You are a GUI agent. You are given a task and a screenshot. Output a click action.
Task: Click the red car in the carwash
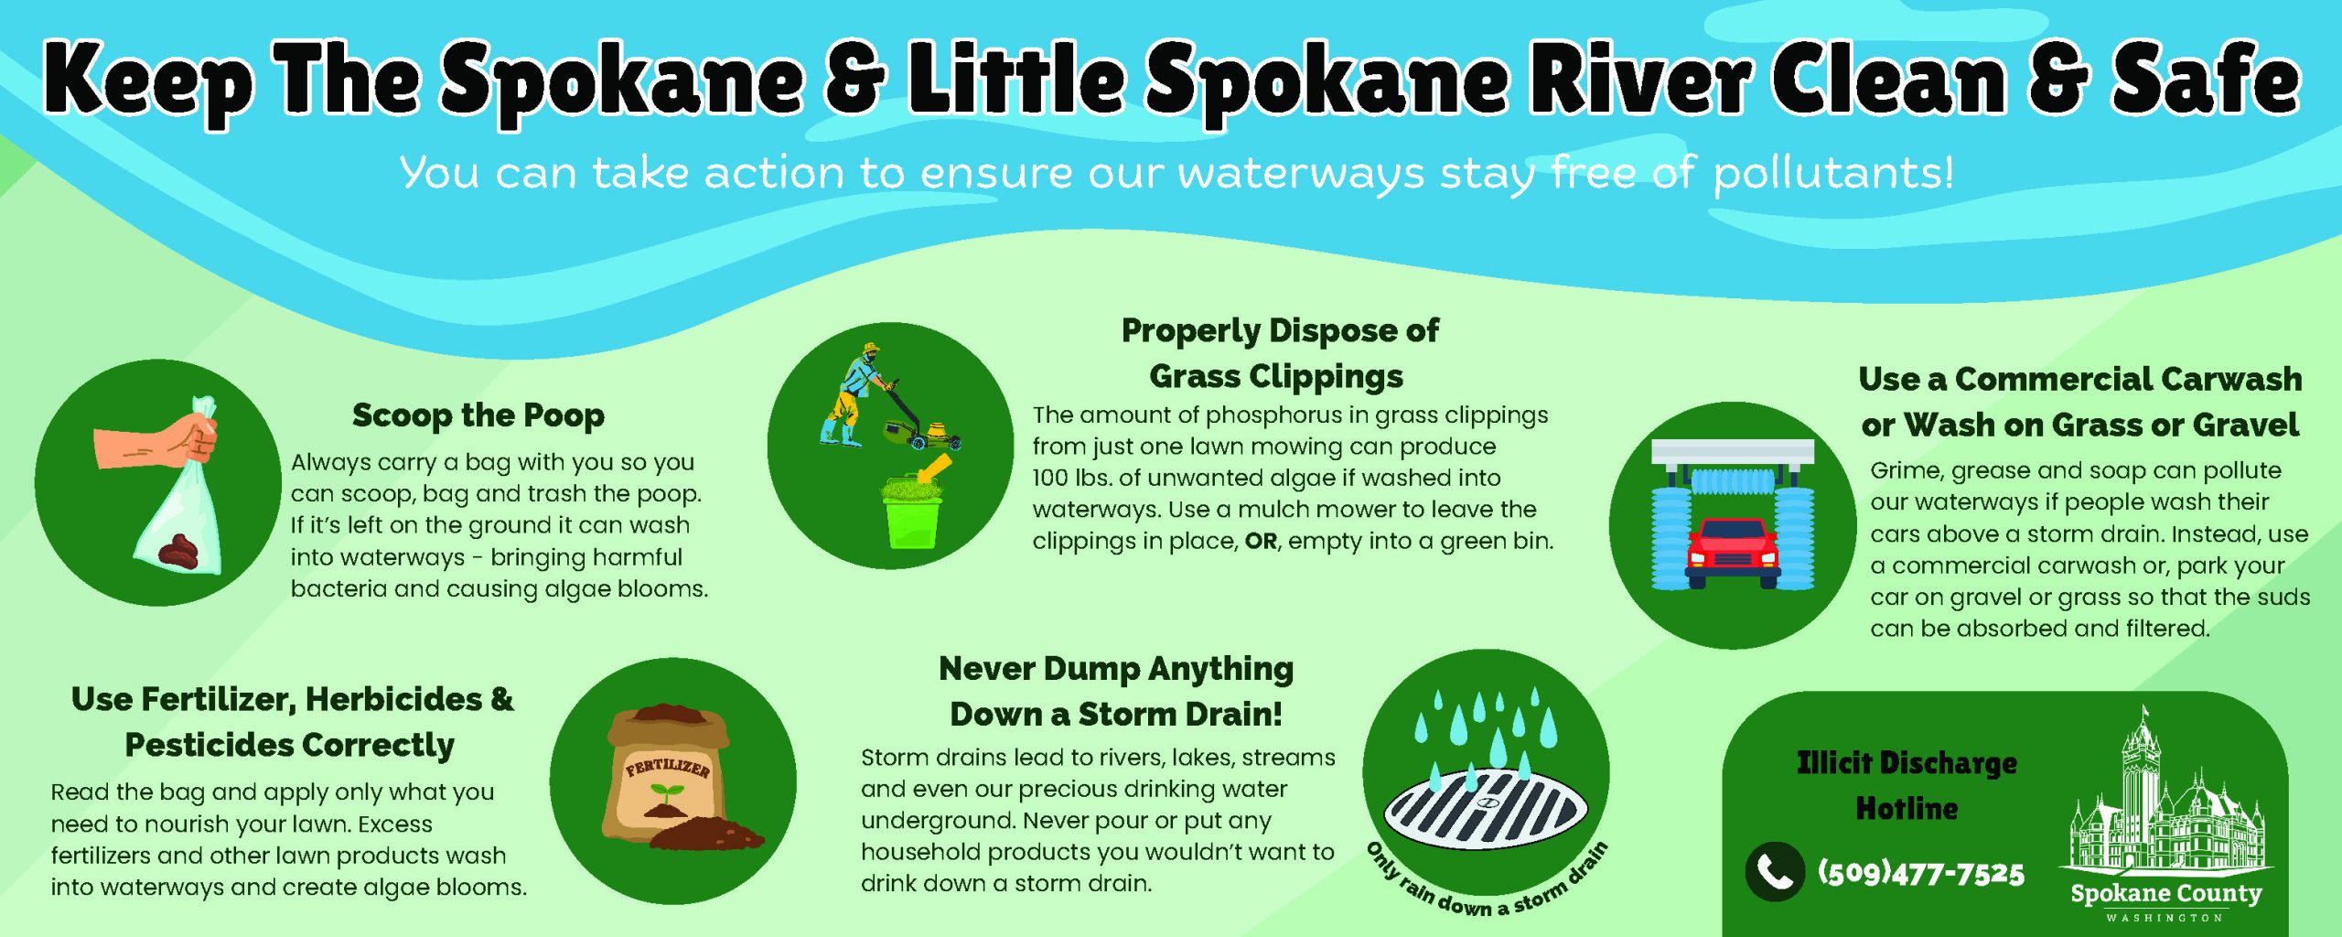click(x=1733, y=553)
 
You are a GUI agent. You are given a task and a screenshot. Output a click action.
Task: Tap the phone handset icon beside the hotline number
click(x=1775, y=872)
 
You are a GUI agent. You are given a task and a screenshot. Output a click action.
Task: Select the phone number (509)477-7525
click(x=1921, y=873)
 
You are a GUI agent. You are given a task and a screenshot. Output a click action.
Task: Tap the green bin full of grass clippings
click(x=912, y=512)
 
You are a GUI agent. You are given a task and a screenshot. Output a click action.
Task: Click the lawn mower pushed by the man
click(x=919, y=420)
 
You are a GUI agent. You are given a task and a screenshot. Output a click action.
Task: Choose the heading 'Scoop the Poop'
click(x=478, y=415)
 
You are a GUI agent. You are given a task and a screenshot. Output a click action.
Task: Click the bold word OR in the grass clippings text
click(x=1261, y=541)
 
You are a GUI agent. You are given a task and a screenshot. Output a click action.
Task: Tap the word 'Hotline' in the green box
click(x=1907, y=808)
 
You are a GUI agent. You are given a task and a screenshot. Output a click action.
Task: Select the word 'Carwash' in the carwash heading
click(x=2219, y=379)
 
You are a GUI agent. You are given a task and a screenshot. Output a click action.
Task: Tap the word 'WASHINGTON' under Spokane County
click(x=2165, y=917)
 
